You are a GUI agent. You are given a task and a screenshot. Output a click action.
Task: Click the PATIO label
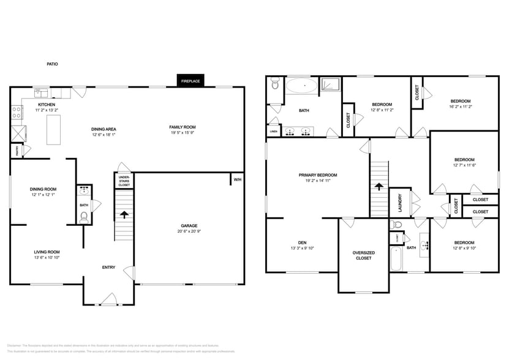pyautogui.click(x=53, y=63)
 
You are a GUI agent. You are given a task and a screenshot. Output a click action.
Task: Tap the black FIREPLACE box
pyautogui.click(x=190, y=81)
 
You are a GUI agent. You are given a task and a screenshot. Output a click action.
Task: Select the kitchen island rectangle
pyautogui.click(x=55, y=129)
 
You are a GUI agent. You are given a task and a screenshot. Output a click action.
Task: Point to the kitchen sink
pyautogui.click(x=42, y=93)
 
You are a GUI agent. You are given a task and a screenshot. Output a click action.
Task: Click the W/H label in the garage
pyautogui.click(x=236, y=179)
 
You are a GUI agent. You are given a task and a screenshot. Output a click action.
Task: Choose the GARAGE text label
pyautogui.click(x=189, y=225)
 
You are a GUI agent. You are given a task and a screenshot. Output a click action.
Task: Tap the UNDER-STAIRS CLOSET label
pyautogui.click(x=124, y=181)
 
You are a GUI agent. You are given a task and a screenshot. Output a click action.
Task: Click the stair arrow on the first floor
pyautogui.click(x=124, y=214)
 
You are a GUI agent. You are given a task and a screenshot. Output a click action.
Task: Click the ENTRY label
pyautogui.click(x=108, y=267)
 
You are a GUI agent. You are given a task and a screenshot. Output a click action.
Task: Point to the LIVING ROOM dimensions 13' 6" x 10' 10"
pyautogui.click(x=46, y=258)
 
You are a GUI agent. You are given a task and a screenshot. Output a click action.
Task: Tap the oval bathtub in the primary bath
pyautogui.click(x=300, y=86)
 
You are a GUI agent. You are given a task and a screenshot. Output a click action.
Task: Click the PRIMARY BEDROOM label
pyautogui.click(x=318, y=175)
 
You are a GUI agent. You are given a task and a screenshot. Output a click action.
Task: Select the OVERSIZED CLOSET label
pyautogui.click(x=363, y=255)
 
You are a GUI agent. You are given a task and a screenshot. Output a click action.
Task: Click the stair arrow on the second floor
pyautogui.click(x=379, y=187)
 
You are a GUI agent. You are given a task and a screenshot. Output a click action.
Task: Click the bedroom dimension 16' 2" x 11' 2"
pyautogui.click(x=461, y=107)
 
